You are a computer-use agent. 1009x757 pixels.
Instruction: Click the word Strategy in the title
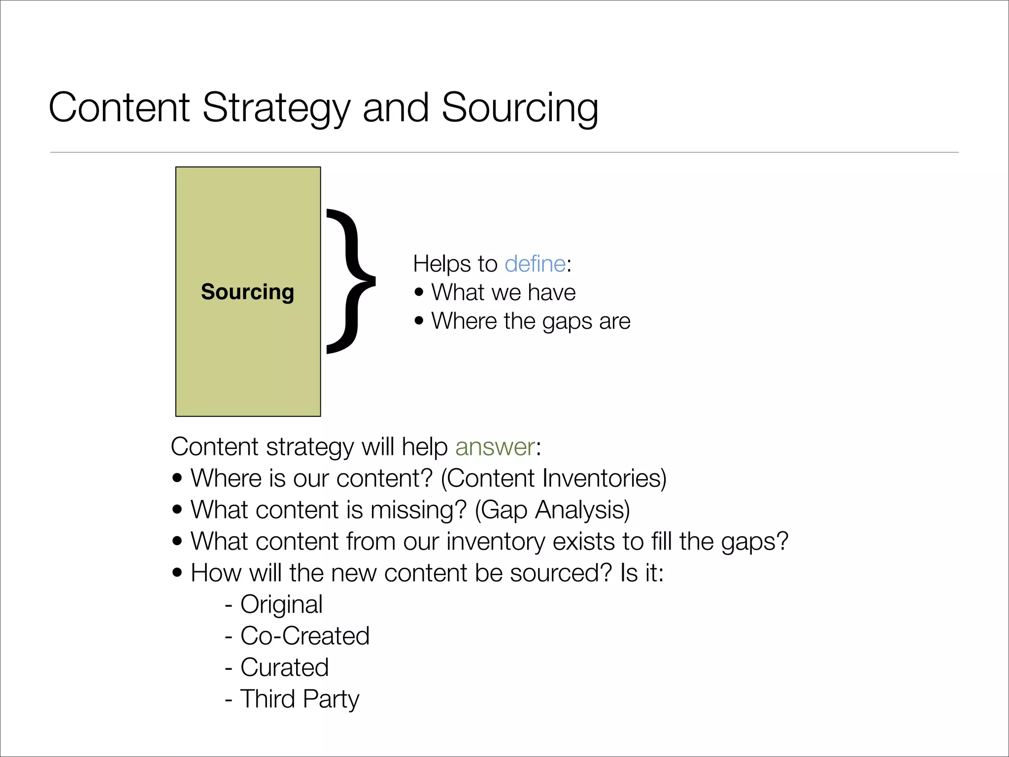(x=276, y=108)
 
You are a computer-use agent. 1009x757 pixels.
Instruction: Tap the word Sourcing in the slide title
(x=519, y=108)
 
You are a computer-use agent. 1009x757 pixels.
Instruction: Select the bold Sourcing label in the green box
(x=247, y=292)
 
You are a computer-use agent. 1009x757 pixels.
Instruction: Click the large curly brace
(x=351, y=281)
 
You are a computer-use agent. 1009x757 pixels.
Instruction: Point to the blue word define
(x=535, y=264)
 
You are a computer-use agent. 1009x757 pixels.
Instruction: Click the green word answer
(x=495, y=447)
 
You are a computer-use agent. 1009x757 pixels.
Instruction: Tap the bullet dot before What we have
(x=419, y=292)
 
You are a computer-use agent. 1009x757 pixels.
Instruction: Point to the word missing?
(x=418, y=510)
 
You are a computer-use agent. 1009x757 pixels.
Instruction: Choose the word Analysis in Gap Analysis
(x=582, y=510)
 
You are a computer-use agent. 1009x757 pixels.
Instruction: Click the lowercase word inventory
(x=496, y=541)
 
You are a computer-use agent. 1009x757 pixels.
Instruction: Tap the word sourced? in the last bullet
(x=561, y=573)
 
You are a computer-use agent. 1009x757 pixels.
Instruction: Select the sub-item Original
(x=281, y=605)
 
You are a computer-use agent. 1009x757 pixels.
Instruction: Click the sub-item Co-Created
(x=304, y=636)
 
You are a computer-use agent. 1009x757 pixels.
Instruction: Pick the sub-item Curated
(x=284, y=667)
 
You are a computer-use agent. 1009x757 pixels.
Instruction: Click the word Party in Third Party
(x=331, y=699)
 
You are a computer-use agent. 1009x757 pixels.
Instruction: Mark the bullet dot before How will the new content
(x=177, y=573)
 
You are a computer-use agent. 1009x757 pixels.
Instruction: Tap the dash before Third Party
(x=229, y=699)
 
